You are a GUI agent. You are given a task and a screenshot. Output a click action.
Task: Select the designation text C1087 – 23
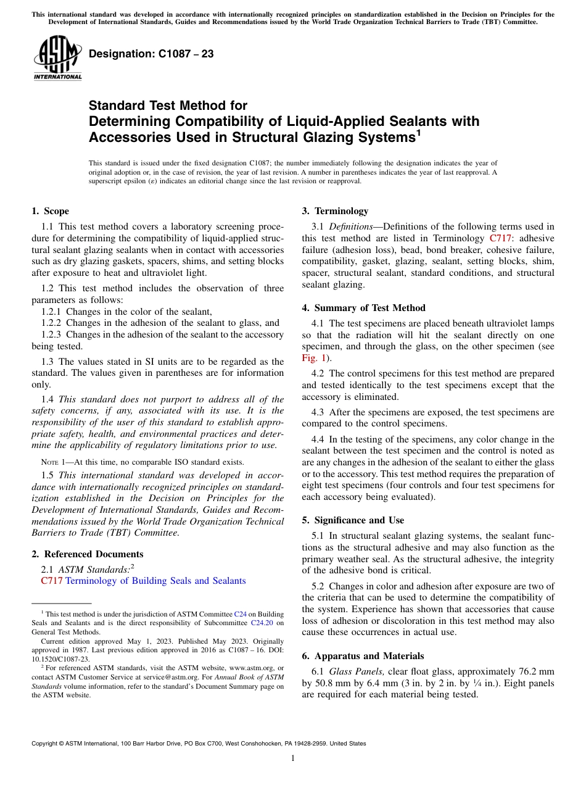point(151,54)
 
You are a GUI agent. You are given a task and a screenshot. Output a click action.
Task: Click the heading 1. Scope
point(50,211)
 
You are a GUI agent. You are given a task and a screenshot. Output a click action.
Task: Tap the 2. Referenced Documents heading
point(87,554)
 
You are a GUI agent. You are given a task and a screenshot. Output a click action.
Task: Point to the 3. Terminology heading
point(335,211)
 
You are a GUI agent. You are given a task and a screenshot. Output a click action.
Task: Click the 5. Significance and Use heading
point(353,520)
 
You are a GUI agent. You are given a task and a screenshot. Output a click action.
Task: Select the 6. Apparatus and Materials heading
point(363,656)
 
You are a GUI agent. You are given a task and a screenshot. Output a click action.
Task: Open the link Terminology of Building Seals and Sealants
point(155,581)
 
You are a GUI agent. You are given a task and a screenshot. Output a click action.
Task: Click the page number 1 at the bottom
point(293,758)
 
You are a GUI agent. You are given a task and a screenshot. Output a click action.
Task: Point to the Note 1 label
point(49,462)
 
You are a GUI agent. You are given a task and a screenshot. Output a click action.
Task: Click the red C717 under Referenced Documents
point(51,581)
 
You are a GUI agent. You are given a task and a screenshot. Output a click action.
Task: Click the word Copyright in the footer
point(46,744)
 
